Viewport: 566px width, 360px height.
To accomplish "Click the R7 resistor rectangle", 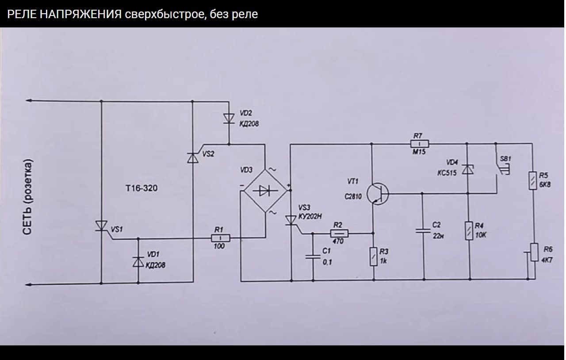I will (x=419, y=143).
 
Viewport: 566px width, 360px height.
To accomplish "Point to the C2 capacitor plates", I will (x=424, y=231).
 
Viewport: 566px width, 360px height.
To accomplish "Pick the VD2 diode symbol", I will (x=229, y=119).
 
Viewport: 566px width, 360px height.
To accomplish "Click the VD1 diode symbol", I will (x=138, y=262).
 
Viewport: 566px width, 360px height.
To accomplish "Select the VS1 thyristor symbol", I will (x=102, y=226).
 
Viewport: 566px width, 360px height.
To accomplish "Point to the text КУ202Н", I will (x=310, y=216).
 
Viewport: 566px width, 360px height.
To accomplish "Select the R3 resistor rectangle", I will (x=374, y=257).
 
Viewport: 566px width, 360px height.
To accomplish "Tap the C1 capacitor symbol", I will (x=313, y=256).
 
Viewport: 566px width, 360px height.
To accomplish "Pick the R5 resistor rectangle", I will (x=534, y=181).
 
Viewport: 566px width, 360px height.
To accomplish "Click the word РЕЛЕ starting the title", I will (x=20, y=14).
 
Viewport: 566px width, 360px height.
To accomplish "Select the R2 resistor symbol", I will (x=339, y=233).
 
